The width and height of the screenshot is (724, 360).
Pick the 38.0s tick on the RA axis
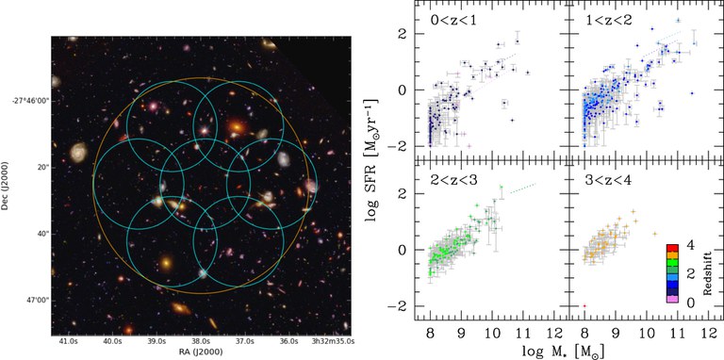point(200,341)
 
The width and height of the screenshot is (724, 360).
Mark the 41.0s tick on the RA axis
point(67,341)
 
